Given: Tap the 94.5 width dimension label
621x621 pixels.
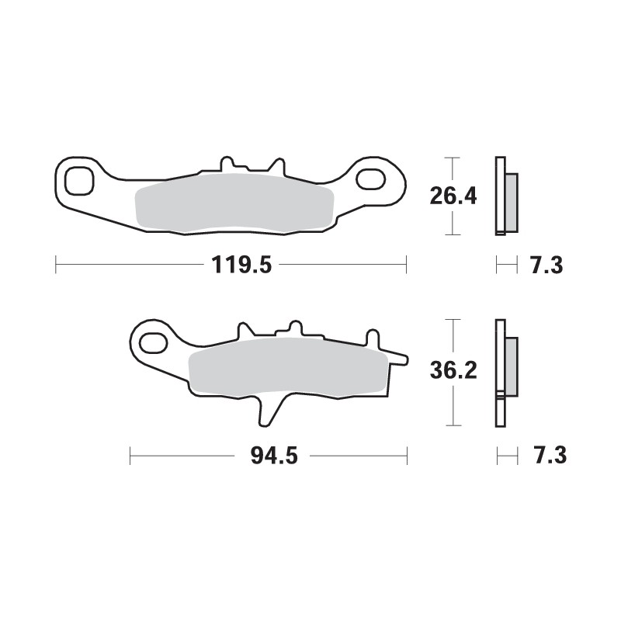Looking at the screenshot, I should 274,456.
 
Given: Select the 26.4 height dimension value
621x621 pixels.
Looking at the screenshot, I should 453,196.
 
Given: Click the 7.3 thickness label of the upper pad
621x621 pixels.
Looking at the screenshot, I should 546,265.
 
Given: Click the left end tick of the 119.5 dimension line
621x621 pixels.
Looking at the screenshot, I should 56,265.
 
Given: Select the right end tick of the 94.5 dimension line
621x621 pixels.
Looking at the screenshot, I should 406,456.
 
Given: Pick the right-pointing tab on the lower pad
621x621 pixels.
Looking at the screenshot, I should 396,358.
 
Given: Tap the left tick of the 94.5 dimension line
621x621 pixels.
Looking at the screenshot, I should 130,456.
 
